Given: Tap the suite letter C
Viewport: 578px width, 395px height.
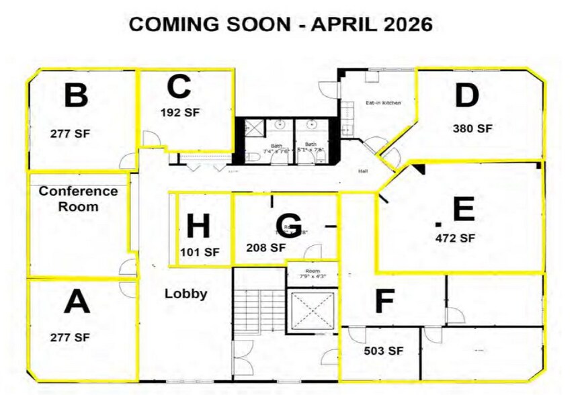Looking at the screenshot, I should pos(179,86).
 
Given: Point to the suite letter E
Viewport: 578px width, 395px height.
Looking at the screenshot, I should pos(464,210).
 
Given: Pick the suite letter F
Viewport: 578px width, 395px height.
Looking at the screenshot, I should pos(383,302).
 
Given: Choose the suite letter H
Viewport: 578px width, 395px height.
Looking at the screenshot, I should pos(198,226).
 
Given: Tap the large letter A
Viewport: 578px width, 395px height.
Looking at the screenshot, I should pos(77,302).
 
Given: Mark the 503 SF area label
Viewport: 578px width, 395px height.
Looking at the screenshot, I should pos(383,351).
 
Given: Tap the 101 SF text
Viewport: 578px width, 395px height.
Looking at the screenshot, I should pos(200,253).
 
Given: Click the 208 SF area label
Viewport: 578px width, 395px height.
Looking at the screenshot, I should pos(266,247).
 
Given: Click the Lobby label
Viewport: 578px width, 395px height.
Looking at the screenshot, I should pos(186,294).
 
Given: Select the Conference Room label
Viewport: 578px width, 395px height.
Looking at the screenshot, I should pos(78,199).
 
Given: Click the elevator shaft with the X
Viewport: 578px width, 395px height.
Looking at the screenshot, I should pos(311,310).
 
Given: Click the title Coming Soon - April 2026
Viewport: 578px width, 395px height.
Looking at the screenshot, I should pos(280,24).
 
